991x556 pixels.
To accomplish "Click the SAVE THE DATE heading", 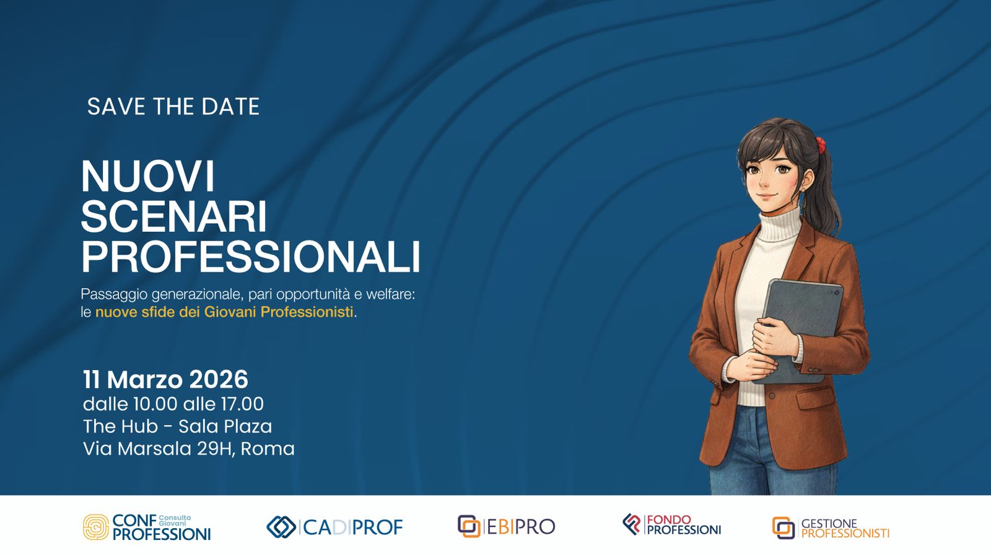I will pyautogui.click(x=173, y=107).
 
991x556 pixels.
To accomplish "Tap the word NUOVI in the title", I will pyautogui.click(x=147, y=177).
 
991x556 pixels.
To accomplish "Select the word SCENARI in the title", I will pyautogui.click(x=173, y=217).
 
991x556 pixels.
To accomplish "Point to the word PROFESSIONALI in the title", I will pyautogui.click(x=250, y=257).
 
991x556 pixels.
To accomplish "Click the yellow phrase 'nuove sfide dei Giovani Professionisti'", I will pyautogui.click(x=224, y=312).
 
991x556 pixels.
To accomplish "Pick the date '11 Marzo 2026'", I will pyautogui.click(x=165, y=379).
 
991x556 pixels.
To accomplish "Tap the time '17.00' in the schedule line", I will pyautogui.click(x=242, y=404).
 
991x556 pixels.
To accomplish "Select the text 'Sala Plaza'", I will pyautogui.click(x=225, y=426).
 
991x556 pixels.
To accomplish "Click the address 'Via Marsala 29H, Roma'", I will pyautogui.click(x=188, y=449).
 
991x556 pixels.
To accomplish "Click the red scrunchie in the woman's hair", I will pyautogui.click(x=820, y=145).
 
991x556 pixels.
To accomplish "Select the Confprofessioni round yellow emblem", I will pyautogui.click(x=95, y=527).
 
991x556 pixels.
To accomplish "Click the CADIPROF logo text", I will pyautogui.click(x=352, y=527).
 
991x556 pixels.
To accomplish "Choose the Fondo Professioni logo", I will pyautogui.click(x=672, y=525).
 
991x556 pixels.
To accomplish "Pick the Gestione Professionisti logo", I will pyautogui.click(x=831, y=528).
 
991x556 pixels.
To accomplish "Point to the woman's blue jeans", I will pyautogui.click(x=746, y=452).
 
